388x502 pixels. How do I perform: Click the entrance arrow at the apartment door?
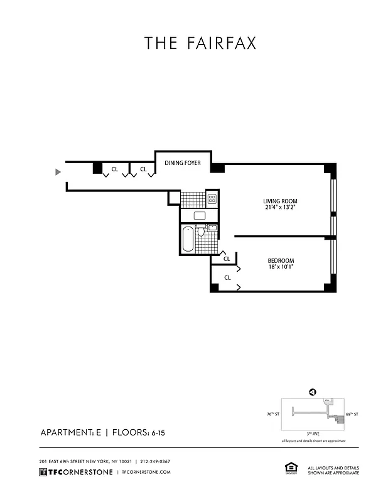click(58, 171)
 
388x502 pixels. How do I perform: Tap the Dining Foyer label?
click(183, 163)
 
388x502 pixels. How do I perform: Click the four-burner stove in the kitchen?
click(212, 200)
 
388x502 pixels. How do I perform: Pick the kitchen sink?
click(200, 216)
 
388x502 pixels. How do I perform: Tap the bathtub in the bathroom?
click(188, 239)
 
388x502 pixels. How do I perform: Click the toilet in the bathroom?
click(201, 232)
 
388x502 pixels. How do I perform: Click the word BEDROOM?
click(281, 260)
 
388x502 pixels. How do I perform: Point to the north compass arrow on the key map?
click(311, 392)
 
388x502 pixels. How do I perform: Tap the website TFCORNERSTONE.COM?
click(145, 472)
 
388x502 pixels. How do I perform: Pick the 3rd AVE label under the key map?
click(312, 434)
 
